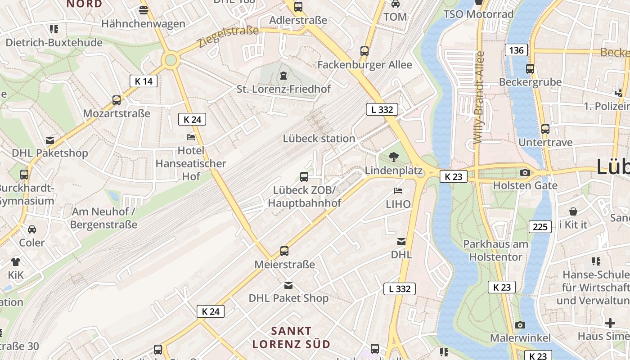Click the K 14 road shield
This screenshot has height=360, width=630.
(x=144, y=81)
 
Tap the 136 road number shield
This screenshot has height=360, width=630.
(x=516, y=50)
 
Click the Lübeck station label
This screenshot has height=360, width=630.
(x=319, y=139)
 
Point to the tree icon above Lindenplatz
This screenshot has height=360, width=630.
(x=393, y=157)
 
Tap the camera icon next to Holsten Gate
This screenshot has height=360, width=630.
(x=525, y=172)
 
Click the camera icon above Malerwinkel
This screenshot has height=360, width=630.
(x=520, y=325)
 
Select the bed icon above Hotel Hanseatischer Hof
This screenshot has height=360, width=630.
(x=191, y=137)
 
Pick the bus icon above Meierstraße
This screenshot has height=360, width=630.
(x=284, y=251)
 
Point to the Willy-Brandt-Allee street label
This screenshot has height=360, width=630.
(x=479, y=97)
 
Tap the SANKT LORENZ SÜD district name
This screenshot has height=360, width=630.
(x=291, y=337)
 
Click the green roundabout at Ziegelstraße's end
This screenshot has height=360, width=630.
(x=171, y=60)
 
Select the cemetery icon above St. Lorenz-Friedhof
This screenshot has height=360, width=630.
(x=283, y=76)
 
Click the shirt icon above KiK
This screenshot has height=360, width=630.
(x=16, y=261)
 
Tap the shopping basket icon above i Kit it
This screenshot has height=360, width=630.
(x=573, y=211)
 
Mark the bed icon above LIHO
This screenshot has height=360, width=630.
(x=398, y=191)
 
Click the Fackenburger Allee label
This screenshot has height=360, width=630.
(x=364, y=65)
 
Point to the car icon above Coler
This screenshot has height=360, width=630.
(x=32, y=229)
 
